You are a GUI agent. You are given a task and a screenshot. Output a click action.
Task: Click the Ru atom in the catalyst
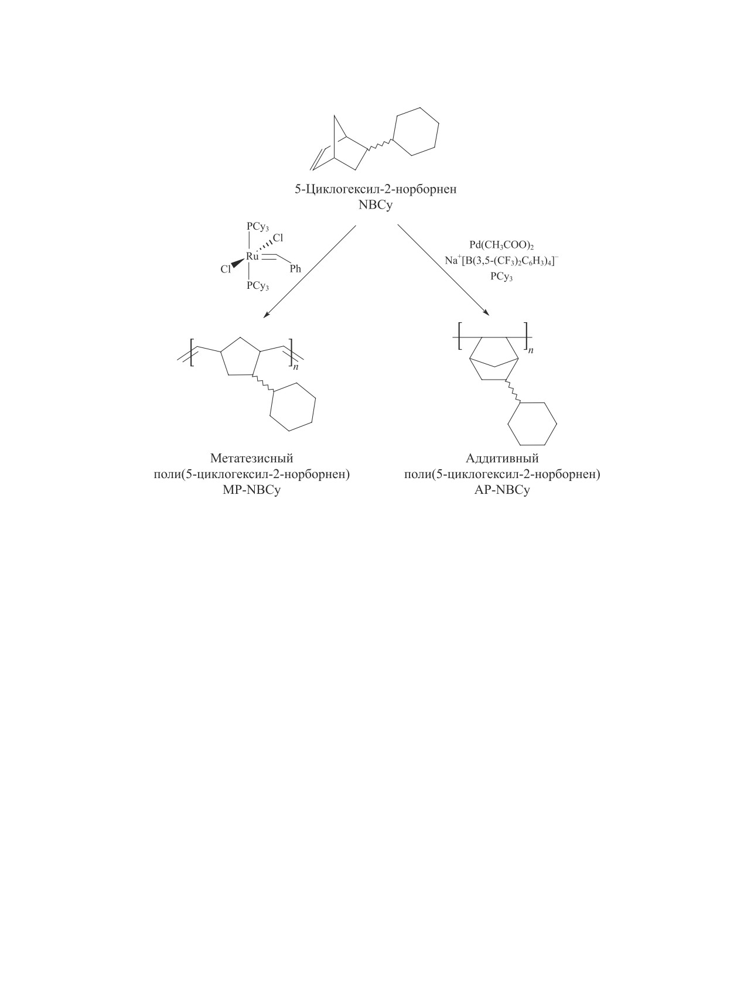coord(252,256)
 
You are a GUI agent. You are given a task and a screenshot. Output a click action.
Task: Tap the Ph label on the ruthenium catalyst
coord(295,269)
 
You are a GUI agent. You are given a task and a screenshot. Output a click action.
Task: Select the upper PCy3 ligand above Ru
coord(258,227)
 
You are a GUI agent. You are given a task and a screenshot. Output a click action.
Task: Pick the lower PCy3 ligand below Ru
coord(258,286)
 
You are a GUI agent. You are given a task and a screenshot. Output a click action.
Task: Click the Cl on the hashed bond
coord(278,238)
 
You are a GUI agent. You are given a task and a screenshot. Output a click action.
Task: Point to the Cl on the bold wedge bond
coord(226,269)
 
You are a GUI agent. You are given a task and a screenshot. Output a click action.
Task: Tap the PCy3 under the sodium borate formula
coord(501,277)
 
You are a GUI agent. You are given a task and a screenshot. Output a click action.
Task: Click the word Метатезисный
coord(251,458)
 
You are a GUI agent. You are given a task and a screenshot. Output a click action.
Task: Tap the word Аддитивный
coord(502,458)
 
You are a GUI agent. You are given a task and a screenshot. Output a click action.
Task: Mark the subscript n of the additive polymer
coord(531,350)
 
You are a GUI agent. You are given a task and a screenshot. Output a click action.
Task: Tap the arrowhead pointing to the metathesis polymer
coord(266,315)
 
